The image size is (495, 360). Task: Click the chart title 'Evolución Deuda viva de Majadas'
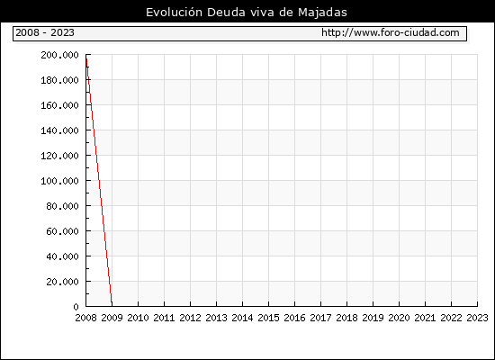pyautogui.click(x=247, y=13)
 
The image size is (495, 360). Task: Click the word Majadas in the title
pyautogui.click(x=322, y=13)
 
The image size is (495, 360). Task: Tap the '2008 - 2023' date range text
pyautogui.click(x=45, y=32)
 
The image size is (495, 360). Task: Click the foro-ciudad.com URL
pyautogui.click(x=391, y=32)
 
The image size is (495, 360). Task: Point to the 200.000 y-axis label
pyautogui.click(x=59, y=55)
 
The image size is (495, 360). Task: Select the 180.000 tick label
pyautogui.click(x=59, y=80)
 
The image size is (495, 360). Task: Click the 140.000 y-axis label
pyautogui.click(x=59, y=130)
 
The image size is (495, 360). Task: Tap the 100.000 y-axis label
pyautogui.click(x=59, y=181)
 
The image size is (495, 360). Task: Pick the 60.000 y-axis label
pyautogui.click(x=62, y=231)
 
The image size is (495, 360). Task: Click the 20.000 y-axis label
pyautogui.click(x=62, y=282)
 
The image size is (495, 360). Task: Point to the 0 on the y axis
pyautogui.click(x=76, y=307)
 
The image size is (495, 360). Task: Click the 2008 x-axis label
pyautogui.click(x=85, y=318)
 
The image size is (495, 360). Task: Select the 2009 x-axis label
pyautogui.click(x=112, y=318)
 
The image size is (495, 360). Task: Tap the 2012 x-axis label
pyautogui.click(x=191, y=318)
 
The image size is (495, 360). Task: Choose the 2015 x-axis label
pyautogui.click(x=269, y=318)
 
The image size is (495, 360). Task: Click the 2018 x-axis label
pyautogui.click(x=346, y=318)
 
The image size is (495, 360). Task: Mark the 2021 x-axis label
pyautogui.click(x=425, y=318)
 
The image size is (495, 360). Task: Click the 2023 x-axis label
pyautogui.click(x=477, y=318)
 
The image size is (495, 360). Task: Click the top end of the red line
pyautogui.click(x=86, y=58)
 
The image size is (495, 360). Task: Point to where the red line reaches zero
pyautogui.click(x=112, y=305)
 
